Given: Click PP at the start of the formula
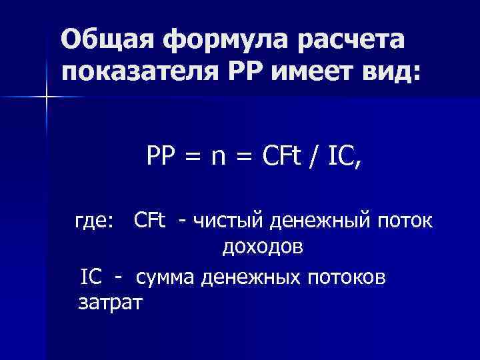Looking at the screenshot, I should (x=160, y=157).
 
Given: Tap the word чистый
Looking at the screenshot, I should (x=226, y=220).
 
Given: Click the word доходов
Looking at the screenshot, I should (x=263, y=248).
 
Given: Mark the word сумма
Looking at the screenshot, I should (x=167, y=276).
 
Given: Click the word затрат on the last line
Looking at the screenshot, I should (x=110, y=303).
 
